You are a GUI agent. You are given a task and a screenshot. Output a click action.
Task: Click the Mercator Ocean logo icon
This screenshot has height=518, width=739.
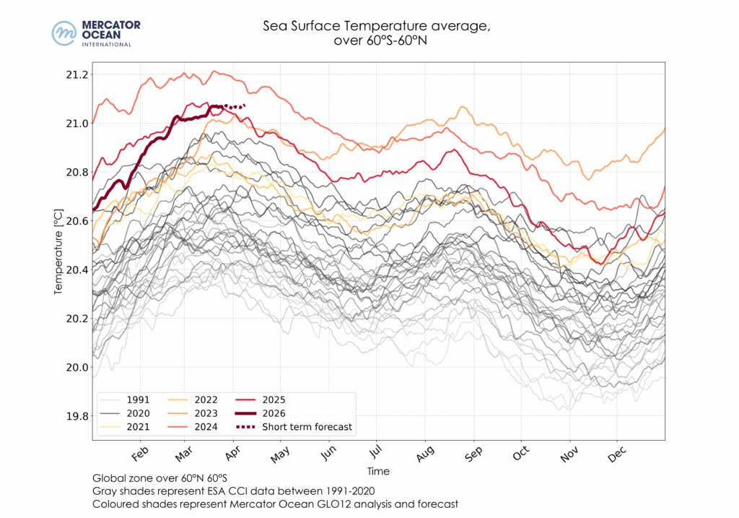64,33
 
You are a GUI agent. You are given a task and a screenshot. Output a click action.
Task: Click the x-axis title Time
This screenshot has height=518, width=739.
378,471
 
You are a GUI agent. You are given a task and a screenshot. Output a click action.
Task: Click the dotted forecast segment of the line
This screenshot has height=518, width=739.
235,107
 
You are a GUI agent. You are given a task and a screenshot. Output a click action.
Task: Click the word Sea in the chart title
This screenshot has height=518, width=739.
274,27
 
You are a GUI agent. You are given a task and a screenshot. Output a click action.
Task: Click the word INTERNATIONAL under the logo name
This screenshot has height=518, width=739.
107,44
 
